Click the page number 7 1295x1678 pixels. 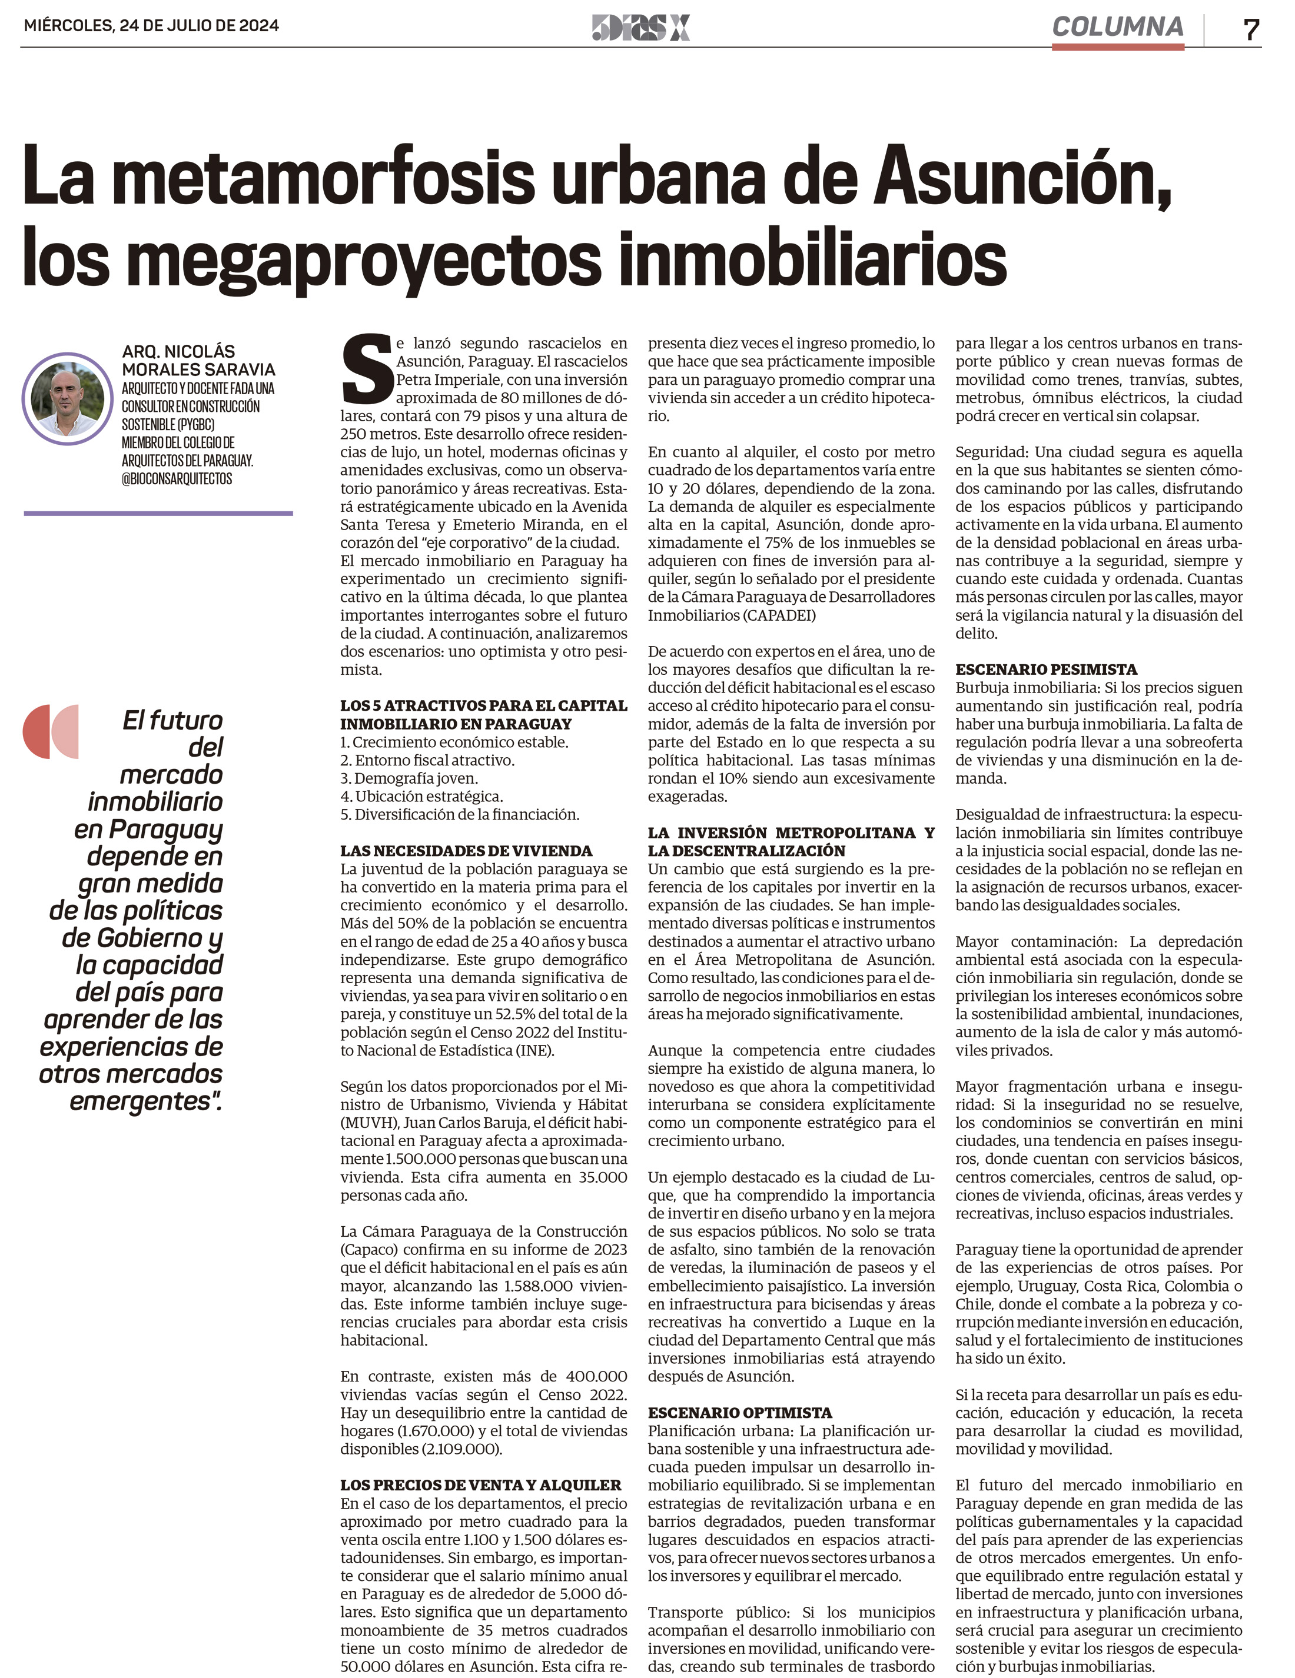pos(1250,29)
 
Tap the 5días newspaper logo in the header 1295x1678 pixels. pos(641,28)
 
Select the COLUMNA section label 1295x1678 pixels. pos(1117,28)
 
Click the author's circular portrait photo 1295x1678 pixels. pos(68,399)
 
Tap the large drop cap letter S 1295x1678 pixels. pos(367,369)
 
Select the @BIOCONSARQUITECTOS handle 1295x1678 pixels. pos(177,479)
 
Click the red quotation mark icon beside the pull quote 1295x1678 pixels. pos(51,731)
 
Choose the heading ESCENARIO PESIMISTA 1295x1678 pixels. pos(1046,669)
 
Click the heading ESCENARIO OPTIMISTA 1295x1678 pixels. pos(739,1412)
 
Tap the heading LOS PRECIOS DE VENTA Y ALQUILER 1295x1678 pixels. pos(480,1485)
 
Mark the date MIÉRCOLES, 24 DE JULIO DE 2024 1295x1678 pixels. pos(151,25)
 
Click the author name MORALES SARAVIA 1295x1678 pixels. pos(198,369)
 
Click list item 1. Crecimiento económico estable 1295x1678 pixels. pos(454,742)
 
